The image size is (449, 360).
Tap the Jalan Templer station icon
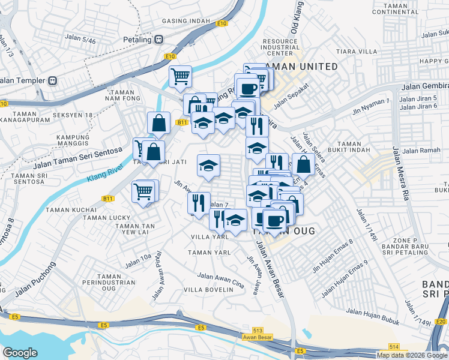tap(53, 80)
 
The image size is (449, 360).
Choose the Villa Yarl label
tap(209, 237)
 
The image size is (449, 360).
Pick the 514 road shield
tap(394, 347)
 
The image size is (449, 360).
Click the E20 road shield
tap(441, 322)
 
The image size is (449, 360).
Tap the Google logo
tap(20, 353)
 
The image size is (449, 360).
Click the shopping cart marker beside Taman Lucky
tap(143, 192)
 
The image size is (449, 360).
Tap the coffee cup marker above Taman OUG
tap(276, 220)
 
